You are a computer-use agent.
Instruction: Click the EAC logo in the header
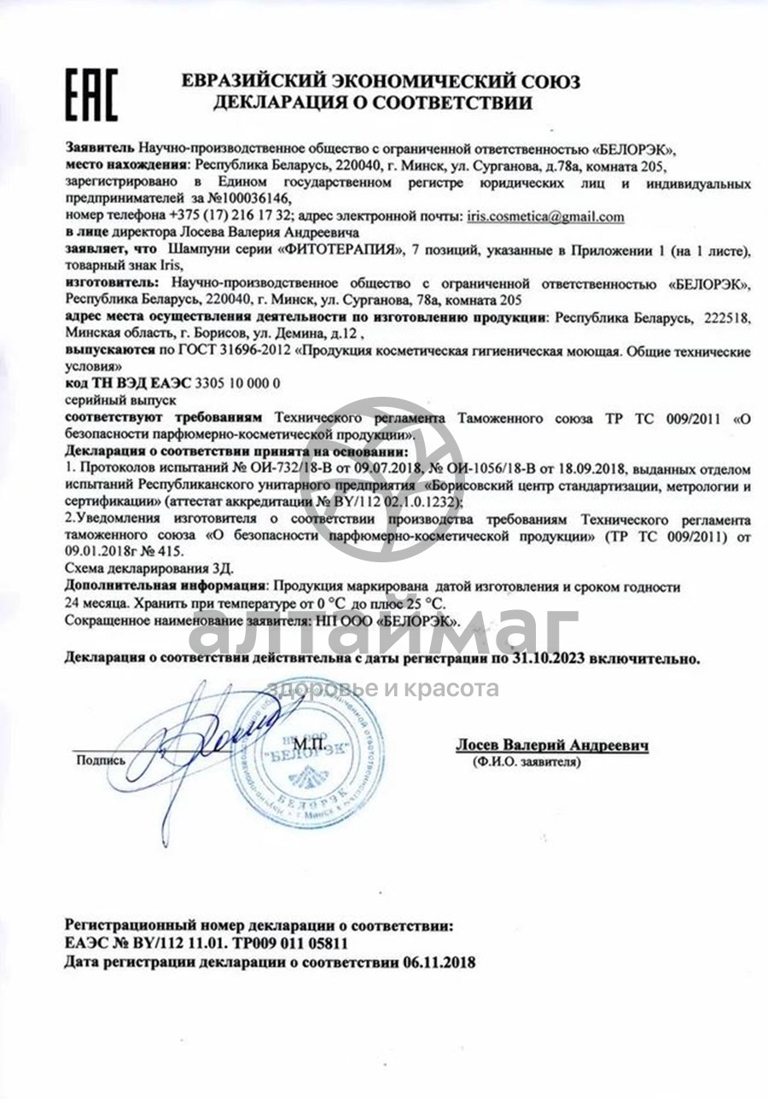tap(91, 94)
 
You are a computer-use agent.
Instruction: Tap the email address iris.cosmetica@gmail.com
tap(545, 217)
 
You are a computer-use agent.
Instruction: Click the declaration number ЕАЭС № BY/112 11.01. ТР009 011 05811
tap(207, 944)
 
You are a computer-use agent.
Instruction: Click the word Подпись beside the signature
tap(101, 759)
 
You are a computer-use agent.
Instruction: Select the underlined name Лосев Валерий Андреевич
tap(551, 745)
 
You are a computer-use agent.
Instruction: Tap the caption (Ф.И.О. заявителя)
tap(526, 761)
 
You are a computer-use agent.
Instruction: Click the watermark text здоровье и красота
tap(384, 689)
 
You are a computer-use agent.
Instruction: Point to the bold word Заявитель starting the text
tap(100, 148)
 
